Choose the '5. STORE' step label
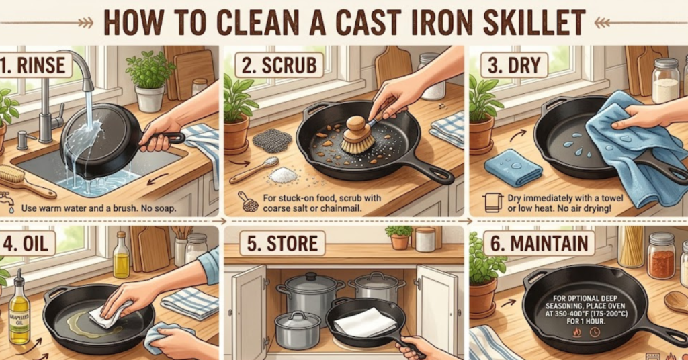(275, 242)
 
